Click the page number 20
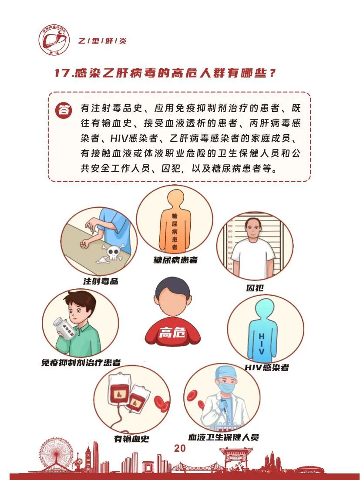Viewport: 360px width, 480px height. point(180,449)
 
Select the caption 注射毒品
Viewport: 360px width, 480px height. point(101,281)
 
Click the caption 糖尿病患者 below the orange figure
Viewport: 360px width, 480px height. point(175,260)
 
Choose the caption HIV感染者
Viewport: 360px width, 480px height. point(266,367)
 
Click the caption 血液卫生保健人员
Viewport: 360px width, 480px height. point(223,437)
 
